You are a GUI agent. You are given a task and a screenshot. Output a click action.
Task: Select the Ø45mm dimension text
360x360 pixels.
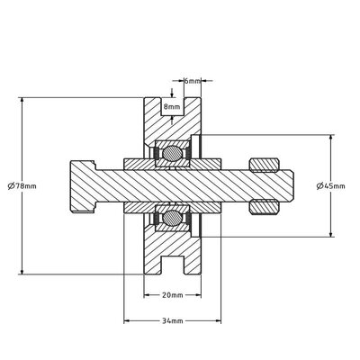(330, 185)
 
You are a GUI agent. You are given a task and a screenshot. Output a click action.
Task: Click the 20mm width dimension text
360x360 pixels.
(172, 294)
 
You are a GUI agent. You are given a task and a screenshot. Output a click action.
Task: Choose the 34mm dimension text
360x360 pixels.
(172, 321)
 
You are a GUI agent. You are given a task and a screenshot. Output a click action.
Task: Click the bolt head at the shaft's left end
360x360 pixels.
(84, 185)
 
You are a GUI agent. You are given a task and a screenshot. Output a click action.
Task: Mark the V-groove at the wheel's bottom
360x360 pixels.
(171, 265)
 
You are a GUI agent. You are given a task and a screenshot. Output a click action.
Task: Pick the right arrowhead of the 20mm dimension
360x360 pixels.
(195, 294)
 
